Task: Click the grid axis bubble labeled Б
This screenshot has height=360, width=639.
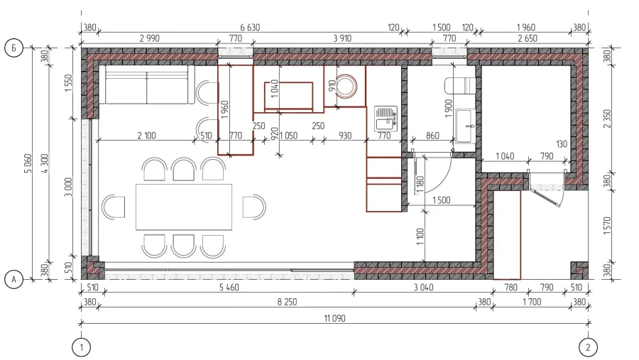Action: point(14,48)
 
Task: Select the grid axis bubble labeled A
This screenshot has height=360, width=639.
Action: point(14,280)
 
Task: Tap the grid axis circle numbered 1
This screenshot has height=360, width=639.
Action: point(81,348)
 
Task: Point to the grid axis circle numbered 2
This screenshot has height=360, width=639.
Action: point(588,348)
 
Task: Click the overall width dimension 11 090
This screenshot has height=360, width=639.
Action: point(334,318)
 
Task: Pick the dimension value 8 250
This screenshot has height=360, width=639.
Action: point(287,302)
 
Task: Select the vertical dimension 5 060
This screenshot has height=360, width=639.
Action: point(28,163)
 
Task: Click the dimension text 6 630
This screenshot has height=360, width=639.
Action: point(250,27)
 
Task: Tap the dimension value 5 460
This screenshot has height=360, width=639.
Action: point(229,288)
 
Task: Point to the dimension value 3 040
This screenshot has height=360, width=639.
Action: point(423,288)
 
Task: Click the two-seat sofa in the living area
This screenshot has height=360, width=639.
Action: point(147,84)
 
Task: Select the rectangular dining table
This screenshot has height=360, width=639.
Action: point(184,207)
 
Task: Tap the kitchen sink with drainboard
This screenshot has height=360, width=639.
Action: point(386,119)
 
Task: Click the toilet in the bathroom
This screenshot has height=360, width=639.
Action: point(460,86)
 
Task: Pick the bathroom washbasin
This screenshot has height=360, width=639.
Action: point(465,126)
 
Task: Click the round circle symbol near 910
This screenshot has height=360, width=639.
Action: point(346,87)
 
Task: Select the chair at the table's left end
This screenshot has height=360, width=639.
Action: point(114,207)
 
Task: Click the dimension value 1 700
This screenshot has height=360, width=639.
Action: point(532,302)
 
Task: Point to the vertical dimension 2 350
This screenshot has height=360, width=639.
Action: point(607,119)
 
